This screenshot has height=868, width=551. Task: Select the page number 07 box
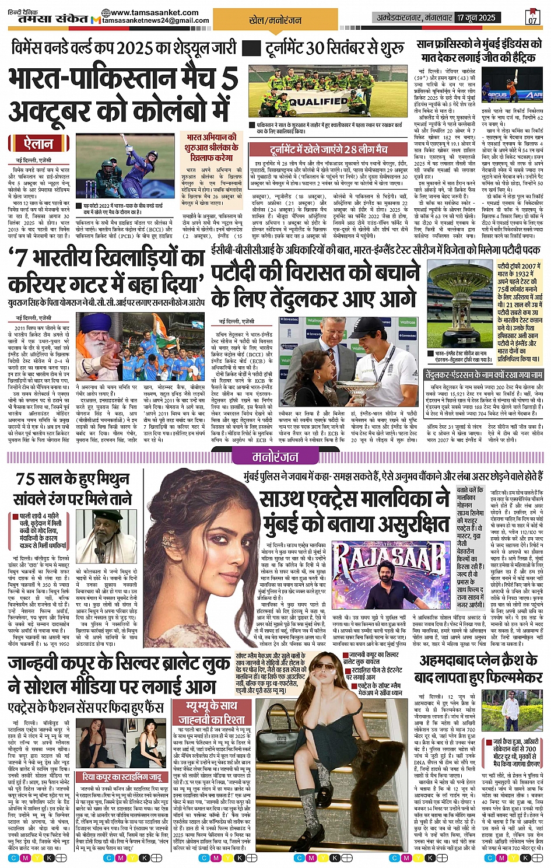[x=532, y=17]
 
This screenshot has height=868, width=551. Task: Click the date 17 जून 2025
[x=476, y=17]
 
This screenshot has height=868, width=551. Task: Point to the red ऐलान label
[x=39, y=143]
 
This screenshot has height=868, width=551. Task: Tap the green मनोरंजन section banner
[x=274, y=457]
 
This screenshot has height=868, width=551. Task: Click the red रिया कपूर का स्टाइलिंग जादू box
[x=122, y=777]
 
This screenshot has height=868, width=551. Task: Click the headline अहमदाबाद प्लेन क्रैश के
[x=478, y=660]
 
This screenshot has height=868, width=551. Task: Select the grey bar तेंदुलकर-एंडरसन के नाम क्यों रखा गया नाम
[x=484, y=374]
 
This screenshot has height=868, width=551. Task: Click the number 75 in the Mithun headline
[x=26, y=479]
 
